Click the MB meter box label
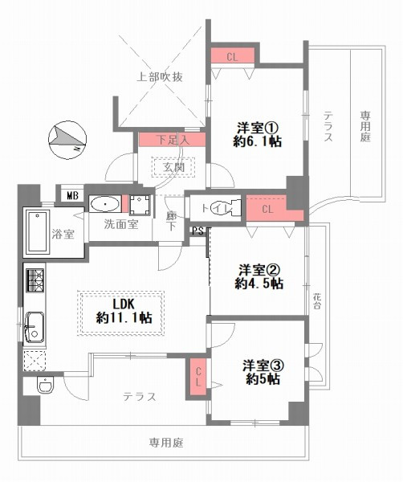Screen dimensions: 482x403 (71, 195)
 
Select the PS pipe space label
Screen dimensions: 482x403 (197, 231)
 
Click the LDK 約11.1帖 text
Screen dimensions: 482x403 (121, 311)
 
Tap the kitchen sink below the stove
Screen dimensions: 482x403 (35, 326)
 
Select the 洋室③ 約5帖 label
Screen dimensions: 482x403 (263, 372)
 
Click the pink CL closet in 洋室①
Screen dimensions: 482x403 (232, 56)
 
